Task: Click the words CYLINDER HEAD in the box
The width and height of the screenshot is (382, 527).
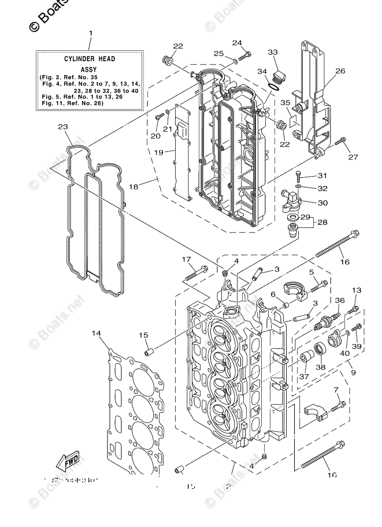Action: point(89,59)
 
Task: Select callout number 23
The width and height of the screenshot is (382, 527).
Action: point(62,127)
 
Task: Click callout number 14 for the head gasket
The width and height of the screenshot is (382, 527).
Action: point(96,333)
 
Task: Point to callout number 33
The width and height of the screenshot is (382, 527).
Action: point(273,53)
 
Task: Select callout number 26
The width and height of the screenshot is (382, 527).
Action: point(340,71)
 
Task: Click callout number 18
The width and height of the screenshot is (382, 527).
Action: point(133,186)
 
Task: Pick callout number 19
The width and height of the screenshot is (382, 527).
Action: point(160,152)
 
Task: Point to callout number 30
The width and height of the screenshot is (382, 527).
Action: point(322,203)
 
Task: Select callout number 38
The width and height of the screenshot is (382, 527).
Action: point(320,367)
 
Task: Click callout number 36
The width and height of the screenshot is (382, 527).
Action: point(340,300)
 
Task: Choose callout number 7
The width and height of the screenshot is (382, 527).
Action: point(336,390)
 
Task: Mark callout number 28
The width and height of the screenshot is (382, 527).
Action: point(322,222)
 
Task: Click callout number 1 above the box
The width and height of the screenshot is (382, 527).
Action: point(90,33)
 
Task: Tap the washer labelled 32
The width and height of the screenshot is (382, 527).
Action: point(297,188)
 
